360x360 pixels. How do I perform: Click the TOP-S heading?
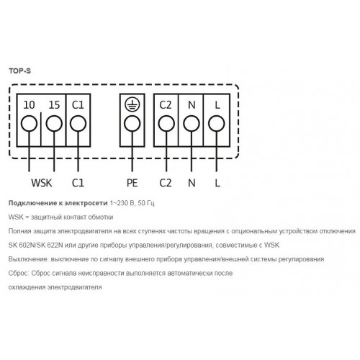click(20, 71)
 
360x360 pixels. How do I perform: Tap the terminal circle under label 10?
click(29, 124)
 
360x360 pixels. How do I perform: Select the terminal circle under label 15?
click(54, 124)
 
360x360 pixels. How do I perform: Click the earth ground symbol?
click(132, 105)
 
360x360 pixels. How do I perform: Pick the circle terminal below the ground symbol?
click(132, 124)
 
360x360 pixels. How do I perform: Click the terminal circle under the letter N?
click(192, 124)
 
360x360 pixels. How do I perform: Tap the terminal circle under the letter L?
click(217, 124)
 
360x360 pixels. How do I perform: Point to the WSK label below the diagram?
click(42, 183)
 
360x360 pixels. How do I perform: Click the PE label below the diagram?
click(132, 183)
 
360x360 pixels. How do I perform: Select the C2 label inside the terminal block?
click(166, 105)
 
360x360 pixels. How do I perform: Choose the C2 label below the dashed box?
click(166, 183)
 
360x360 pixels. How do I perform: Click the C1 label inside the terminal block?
click(78, 105)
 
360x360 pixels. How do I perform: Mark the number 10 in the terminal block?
click(29, 105)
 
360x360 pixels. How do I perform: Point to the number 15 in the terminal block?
click(54, 105)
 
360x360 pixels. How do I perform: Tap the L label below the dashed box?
click(217, 183)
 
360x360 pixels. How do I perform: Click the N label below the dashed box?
click(192, 183)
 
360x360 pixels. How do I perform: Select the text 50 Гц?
click(146, 203)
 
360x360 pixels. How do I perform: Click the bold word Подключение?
click(32, 203)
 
